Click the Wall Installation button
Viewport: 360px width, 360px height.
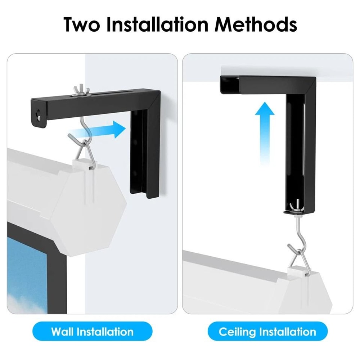coord(92,331)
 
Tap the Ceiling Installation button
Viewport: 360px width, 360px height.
coord(267,331)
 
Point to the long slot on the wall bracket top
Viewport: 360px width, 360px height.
coord(108,95)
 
